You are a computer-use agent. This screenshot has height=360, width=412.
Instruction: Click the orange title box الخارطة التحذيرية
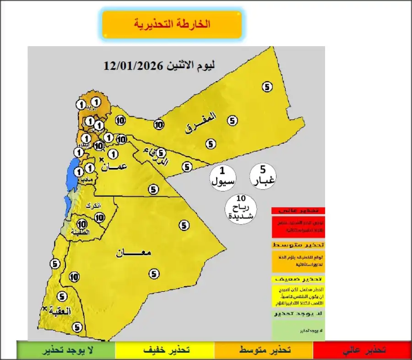point(172,24)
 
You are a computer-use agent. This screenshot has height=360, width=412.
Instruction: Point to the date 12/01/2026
point(133,65)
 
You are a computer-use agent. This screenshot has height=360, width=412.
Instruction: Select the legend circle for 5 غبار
point(263,176)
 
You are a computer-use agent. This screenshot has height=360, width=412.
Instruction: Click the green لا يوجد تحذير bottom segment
point(66,350)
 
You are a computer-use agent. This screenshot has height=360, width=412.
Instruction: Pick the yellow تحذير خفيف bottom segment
point(164,350)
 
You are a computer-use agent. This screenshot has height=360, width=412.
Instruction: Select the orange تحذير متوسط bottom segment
point(264,350)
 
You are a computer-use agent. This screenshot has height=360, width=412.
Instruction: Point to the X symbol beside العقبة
point(44,309)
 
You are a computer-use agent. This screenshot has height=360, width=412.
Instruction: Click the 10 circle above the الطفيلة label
point(82,224)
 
